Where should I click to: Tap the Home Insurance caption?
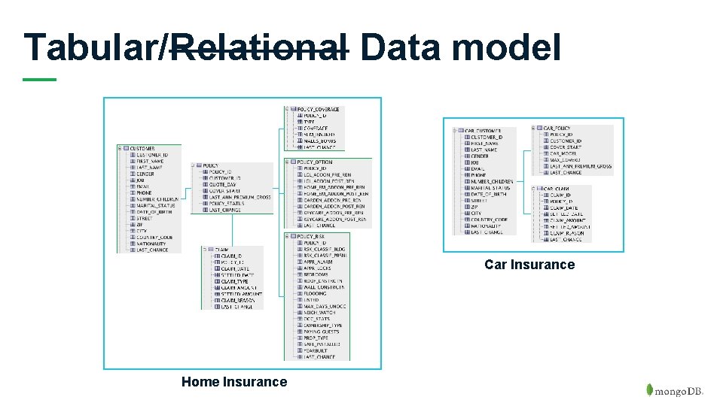click(234, 382)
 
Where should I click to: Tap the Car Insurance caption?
click(529, 265)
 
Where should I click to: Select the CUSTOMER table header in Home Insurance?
click(142, 148)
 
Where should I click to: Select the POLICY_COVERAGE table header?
click(318, 109)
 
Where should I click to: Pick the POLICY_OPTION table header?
click(315, 162)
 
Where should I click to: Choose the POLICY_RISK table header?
click(311, 236)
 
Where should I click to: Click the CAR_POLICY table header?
click(557, 129)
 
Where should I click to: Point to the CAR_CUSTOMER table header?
click(483, 131)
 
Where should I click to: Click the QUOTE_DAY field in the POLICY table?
click(222, 184)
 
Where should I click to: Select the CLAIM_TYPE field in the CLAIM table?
click(234, 281)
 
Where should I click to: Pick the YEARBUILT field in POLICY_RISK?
click(318, 350)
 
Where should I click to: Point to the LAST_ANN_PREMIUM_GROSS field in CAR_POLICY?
click(581, 166)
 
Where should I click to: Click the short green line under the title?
click(39, 79)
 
